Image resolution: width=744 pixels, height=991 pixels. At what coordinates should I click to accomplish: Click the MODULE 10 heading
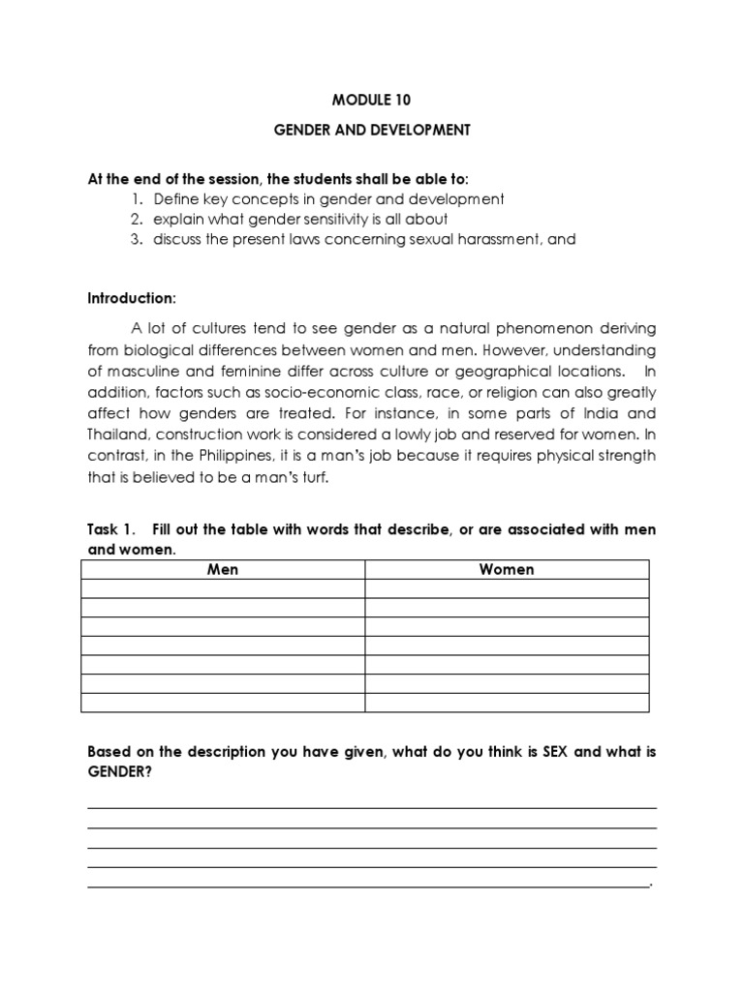372,98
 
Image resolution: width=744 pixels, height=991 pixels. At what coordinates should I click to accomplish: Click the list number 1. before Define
136,199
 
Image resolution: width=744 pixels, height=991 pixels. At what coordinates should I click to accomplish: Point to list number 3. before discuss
136,239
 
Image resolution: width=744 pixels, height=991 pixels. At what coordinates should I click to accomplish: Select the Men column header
223,569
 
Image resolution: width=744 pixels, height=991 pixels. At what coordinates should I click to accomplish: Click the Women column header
507,569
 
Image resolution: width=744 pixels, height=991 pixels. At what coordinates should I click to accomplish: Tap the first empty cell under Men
223,588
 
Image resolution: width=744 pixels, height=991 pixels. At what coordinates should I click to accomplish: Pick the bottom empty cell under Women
507,703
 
